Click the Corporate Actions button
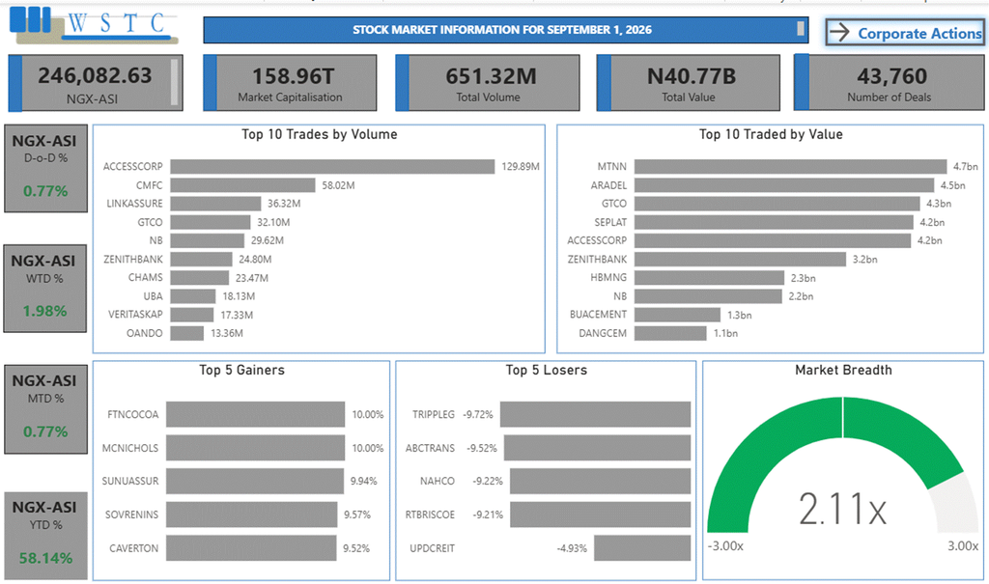904,32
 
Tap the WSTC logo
94,25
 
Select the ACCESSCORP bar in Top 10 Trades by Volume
332,166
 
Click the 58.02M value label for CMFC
338,185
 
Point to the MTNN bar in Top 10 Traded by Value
790,166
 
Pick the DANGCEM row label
603,333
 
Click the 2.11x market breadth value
842,509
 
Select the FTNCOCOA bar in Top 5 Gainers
255,414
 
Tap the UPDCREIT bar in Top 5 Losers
642,548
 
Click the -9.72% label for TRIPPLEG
477,414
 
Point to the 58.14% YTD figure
45,558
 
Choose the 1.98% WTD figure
44,311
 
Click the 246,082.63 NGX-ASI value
95,75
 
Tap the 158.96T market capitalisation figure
294,76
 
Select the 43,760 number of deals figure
891,76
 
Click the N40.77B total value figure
692,76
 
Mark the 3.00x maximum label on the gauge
963,545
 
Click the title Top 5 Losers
547,371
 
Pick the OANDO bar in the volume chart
186,333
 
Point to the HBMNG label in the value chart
608,277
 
